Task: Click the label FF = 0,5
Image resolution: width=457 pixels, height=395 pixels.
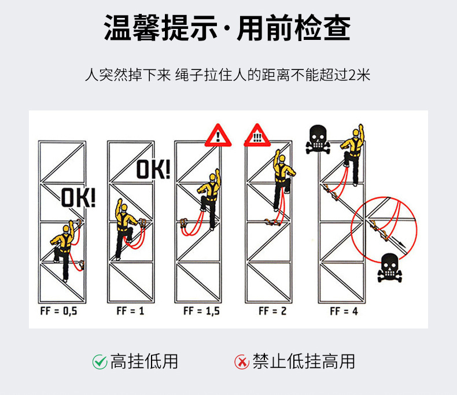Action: coord(58,311)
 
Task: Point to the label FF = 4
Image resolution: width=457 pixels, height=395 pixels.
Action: coord(344,311)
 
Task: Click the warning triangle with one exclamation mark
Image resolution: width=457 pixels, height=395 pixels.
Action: coord(218,135)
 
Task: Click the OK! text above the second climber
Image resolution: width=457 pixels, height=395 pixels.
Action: coord(153,169)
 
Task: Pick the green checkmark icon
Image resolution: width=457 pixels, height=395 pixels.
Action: coord(99,362)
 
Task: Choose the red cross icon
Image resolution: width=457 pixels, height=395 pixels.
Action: coord(241,362)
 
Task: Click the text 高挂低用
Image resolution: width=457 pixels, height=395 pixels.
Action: coord(144,362)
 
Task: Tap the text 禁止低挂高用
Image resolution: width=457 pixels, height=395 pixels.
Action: coord(304,362)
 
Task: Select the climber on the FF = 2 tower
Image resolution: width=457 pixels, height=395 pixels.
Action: coord(281,173)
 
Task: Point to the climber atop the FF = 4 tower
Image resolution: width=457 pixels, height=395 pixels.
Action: coord(352,147)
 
